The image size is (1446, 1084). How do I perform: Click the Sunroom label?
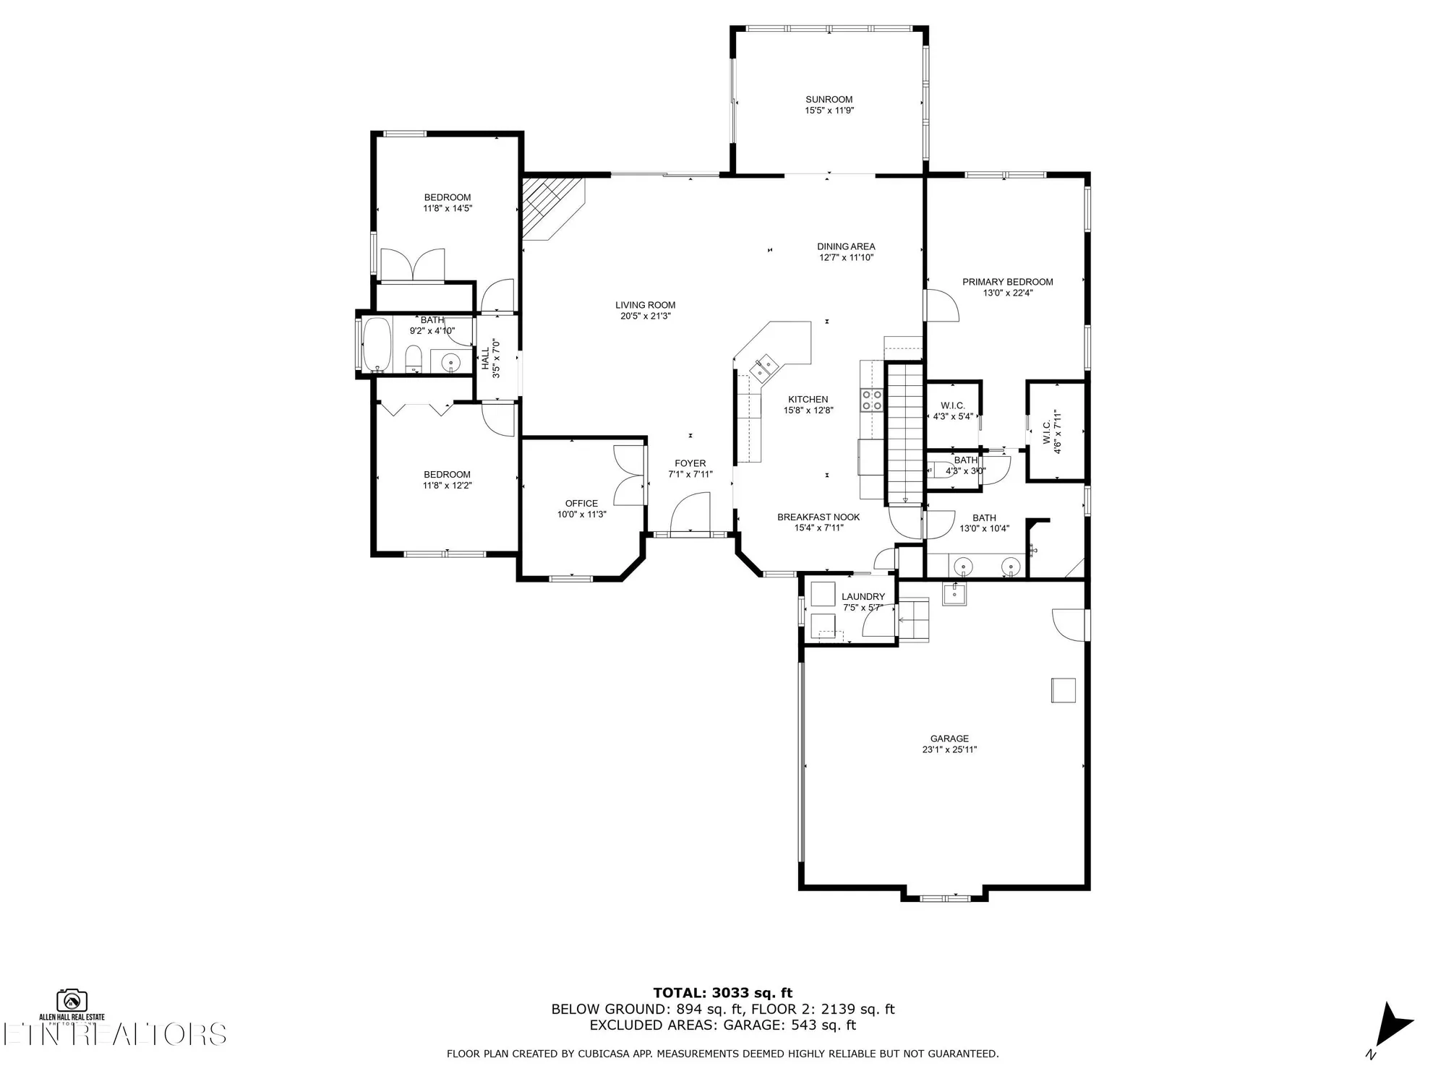(x=829, y=100)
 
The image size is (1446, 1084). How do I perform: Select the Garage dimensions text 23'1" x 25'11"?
(x=949, y=749)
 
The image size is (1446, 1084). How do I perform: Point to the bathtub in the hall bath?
(x=377, y=344)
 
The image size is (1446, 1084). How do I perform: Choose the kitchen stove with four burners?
(x=871, y=400)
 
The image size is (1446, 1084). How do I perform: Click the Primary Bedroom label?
(x=1007, y=282)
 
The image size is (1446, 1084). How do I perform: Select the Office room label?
(x=581, y=504)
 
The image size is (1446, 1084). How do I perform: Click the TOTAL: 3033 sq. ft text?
(x=723, y=993)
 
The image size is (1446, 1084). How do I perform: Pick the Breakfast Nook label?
(x=818, y=517)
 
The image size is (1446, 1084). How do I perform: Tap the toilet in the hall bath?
(x=414, y=358)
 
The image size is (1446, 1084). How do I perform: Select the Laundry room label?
(x=863, y=597)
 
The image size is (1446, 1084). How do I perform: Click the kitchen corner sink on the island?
(x=763, y=368)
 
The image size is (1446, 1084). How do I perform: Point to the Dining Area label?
(x=846, y=246)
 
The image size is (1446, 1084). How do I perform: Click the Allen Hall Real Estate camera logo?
(x=72, y=1001)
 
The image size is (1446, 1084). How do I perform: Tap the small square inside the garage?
(x=1063, y=690)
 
